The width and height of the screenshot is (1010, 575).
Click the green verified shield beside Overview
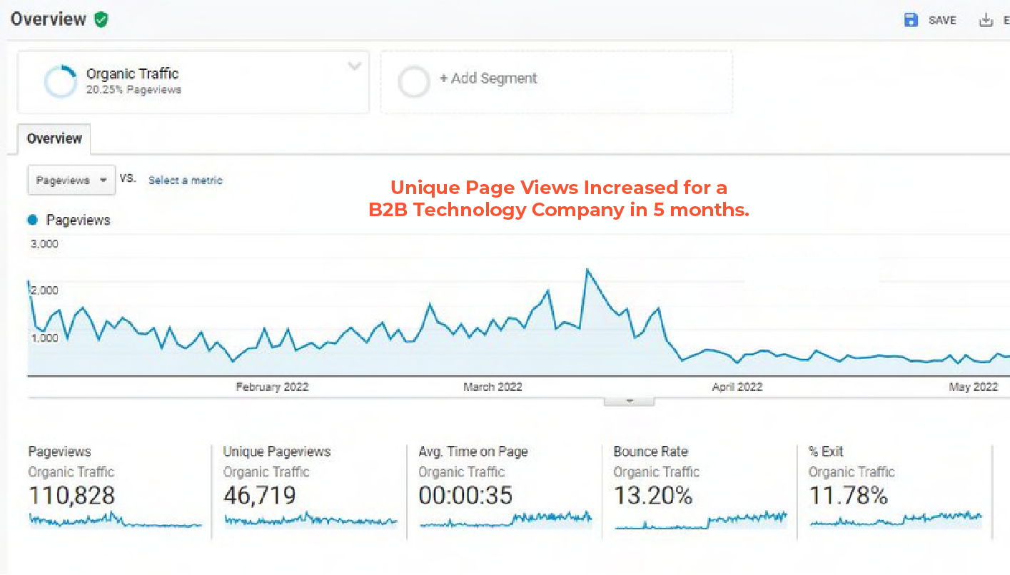[x=101, y=19]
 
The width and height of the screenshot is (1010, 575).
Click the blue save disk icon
[x=911, y=20]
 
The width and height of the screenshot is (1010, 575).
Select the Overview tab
[x=54, y=138]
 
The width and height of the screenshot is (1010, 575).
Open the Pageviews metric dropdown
[x=71, y=180]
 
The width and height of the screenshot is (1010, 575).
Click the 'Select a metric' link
[x=186, y=180]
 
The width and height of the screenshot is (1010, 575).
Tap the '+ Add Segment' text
[x=488, y=78]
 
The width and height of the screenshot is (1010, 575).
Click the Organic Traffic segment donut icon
[x=60, y=81]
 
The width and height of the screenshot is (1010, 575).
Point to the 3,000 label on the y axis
[x=44, y=244]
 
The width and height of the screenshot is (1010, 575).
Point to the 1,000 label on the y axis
[x=44, y=337]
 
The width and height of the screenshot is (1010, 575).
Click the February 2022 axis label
[x=272, y=387]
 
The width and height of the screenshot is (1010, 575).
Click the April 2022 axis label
[x=737, y=387]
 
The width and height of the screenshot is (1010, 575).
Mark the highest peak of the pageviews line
[x=587, y=270]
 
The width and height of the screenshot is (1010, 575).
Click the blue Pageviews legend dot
[x=32, y=220]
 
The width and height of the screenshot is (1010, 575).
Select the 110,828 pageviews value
[x=71, y=495]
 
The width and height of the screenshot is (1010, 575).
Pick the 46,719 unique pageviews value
[x=259, y=495]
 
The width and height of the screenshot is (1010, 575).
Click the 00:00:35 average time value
[x=465, y=495]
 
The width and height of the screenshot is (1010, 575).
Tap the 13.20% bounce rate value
[x=652, y=495]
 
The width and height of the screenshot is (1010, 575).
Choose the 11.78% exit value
[x=847, y=495]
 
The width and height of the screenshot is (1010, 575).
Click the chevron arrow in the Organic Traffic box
[x=354, y=66]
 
